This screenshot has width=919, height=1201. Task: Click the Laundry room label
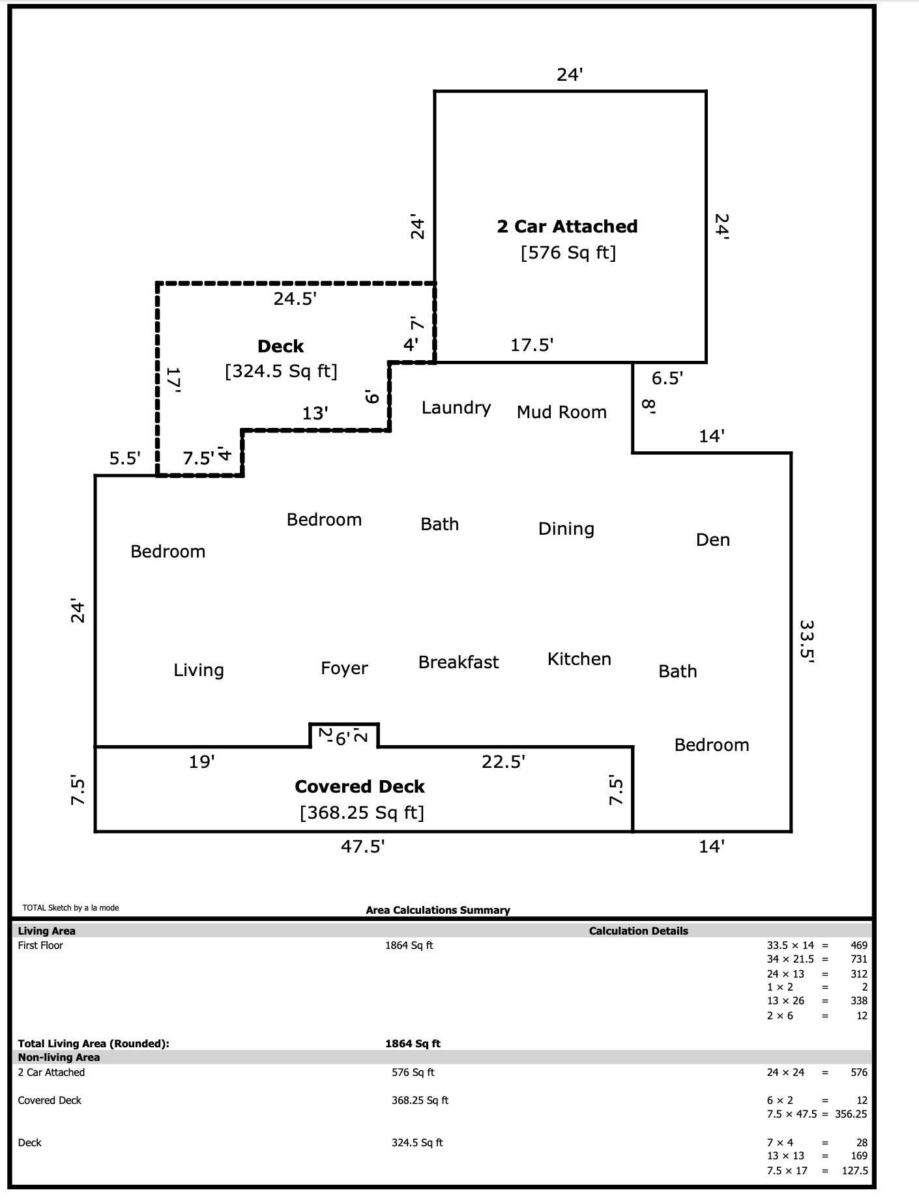click(456, 408)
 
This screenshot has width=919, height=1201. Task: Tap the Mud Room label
click(561, 412)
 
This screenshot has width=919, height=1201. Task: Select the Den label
click(712, 540)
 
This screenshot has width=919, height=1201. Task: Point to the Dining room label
click(566, 529)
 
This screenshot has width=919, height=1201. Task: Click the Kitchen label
click(579, 659)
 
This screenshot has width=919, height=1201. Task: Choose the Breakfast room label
click(458, 662)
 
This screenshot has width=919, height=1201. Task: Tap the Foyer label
click(344, 668)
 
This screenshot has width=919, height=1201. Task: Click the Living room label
click(198, 670)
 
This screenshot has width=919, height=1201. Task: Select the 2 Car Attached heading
click(567, 227)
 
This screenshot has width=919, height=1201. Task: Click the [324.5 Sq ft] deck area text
click(281, 371)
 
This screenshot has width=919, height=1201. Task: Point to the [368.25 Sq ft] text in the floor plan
click(362, 813)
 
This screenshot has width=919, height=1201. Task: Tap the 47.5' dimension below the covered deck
click(362, 847)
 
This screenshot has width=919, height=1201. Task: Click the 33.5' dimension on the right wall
click(807, 641)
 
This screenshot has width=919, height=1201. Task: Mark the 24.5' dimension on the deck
click(295, 299)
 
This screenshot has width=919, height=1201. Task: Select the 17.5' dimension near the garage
click(531, 345)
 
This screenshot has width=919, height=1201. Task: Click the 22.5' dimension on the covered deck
click(503, 761)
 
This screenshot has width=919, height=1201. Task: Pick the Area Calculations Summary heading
click(437, 910)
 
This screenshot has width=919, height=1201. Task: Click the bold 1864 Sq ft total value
click(413, 1043)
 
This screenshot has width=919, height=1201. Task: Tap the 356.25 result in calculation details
click(851, 1114)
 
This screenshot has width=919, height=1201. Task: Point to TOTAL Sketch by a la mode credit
click(70, 907)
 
